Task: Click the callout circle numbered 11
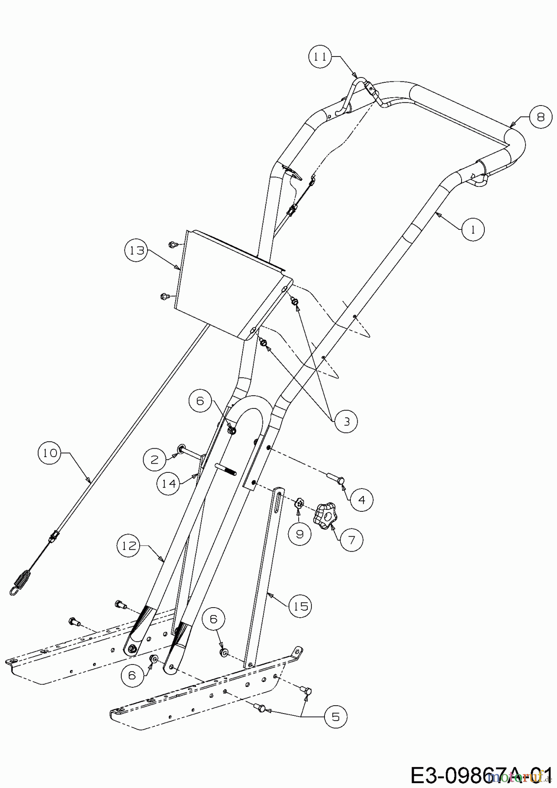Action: point(321,58)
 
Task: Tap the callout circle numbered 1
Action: point(473,229)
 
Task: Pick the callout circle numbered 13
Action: point(136,251)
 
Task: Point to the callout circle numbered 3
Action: point(346,421)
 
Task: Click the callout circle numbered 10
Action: point(50,453)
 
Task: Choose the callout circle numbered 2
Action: point(154,459)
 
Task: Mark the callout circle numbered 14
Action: point(169,483)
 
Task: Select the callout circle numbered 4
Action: point(361,499)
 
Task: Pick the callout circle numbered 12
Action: point(129,546)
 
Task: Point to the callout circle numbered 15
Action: point(300,606)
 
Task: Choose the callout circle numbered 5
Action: point(335,717)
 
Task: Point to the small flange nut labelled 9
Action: point(300,503)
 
